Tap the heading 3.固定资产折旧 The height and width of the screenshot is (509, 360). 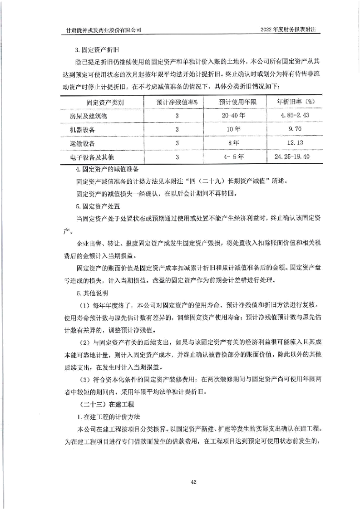point(97,47)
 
